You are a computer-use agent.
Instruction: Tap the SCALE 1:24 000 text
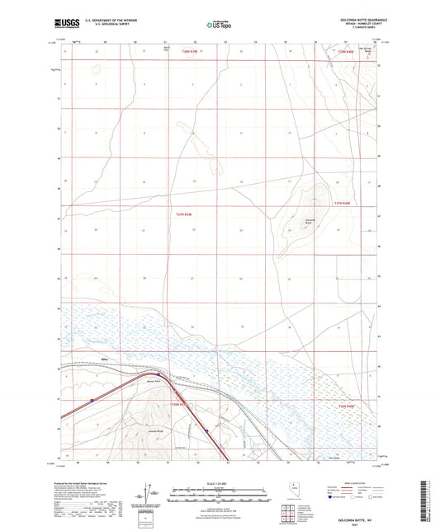pos(219,484)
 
